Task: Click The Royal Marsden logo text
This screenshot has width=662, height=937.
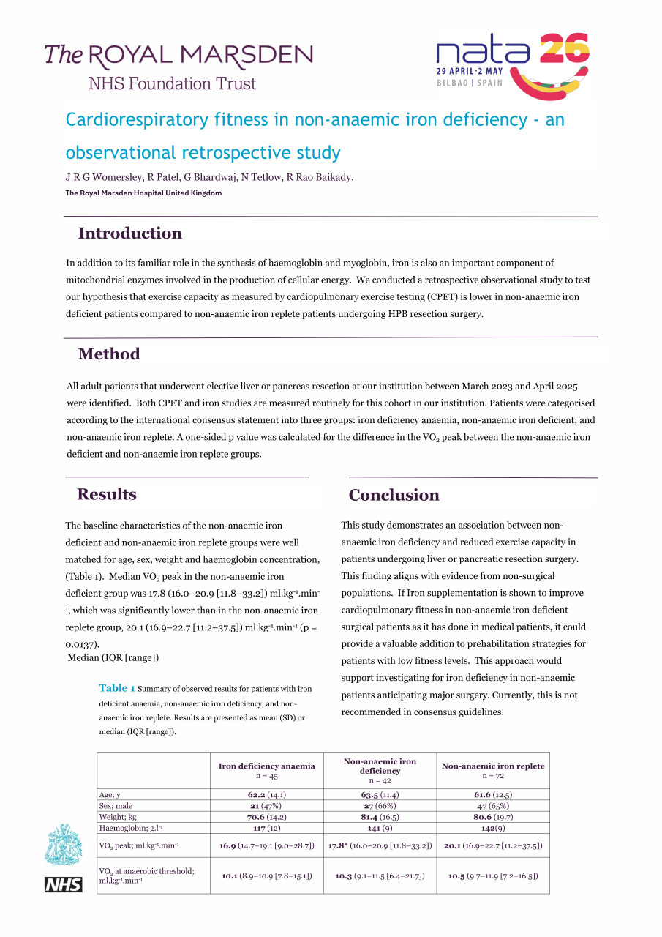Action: click(x=178, y=55)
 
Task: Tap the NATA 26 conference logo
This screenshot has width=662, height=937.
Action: click(x=512, y=64)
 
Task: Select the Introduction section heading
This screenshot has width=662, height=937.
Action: click(x=129, y=234)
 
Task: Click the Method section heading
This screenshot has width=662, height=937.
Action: click(x=109, y=354)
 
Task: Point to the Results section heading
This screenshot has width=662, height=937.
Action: click(x=107, y=494)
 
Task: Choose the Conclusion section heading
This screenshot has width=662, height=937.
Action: click(x=394, y=496)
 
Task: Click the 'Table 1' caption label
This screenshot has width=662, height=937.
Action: click(x=117, y=688)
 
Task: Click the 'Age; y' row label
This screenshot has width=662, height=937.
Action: click(x=110, y=794)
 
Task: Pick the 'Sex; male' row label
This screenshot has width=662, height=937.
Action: click(x=116, y=805)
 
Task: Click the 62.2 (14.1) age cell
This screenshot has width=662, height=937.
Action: click(x=266, y=794)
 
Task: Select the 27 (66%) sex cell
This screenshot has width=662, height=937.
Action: click(x=380, y=805)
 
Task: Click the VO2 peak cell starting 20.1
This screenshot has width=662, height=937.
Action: click(x=492, y=845)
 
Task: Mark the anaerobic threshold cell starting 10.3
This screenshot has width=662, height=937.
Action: click(x=380, y=876)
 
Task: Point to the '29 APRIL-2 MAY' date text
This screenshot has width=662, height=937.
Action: click(x=469, y=72)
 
